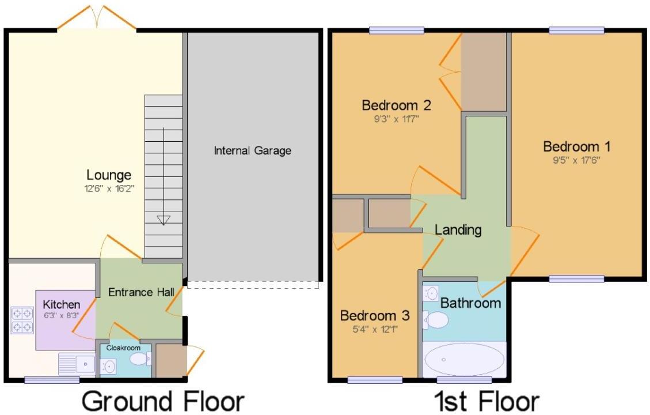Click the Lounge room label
pyautogui.click(x=109, y=174)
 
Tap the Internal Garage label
pyautogui.click(x=252, y=151)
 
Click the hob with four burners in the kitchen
pyautogui.click(x=22, y=320)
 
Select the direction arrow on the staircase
pyautogui.click(x=164, y=219)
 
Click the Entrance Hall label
pyautogui.click(x=141, y=292)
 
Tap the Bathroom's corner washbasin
pyautogui.click(x=430, y=293)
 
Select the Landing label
pyautogui.click(x=458, y=230)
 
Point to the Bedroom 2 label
pyautogui.click(x=396, y=105)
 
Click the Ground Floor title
pyautogui.click(x=163, y=401)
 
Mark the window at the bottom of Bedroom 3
pyautogui.click(x=375, y=379)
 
